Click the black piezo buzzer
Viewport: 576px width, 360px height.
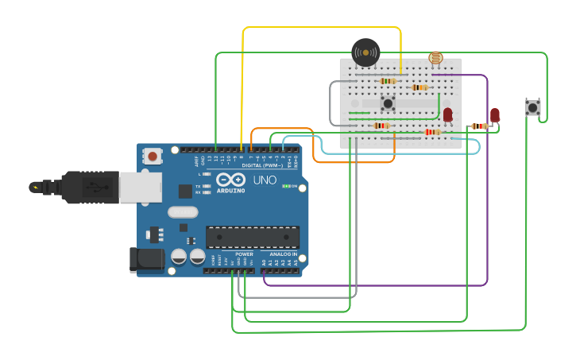(x=365, y=52)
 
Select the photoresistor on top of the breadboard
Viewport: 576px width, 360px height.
(x=435, y=57)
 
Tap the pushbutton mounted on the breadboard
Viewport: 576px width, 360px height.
(x=388, y=103)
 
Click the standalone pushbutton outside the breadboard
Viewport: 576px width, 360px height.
(x=532, y=107)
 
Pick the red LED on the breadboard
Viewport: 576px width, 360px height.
(x=447, y=114)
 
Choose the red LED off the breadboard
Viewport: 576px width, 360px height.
(x=495, y=115)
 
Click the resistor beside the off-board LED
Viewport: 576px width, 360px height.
(x=478, y=126)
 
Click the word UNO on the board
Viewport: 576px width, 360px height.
(x=265, y=180)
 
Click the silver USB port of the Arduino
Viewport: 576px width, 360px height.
(x=140, y=188)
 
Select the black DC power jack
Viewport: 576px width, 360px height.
(x=146, y=260)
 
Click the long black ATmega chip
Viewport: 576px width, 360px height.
(x=253, y=237)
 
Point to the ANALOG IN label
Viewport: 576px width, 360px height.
(x=283, y=254)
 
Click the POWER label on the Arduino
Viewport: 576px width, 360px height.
(x=244, y=254)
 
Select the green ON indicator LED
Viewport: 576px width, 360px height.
(x=287, y=186)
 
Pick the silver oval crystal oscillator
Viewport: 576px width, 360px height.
(x=182, y=212)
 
